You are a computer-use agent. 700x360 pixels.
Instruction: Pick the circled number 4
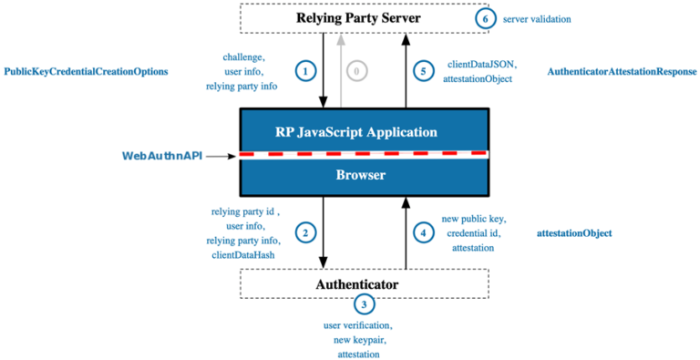(422, 232)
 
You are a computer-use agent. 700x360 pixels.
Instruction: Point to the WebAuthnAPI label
(161, 156)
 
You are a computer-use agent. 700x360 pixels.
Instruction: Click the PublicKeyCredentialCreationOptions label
(87, 71)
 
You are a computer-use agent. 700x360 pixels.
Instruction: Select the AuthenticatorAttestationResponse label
(623, 71)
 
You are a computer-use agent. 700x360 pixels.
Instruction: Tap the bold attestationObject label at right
(574, 233)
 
